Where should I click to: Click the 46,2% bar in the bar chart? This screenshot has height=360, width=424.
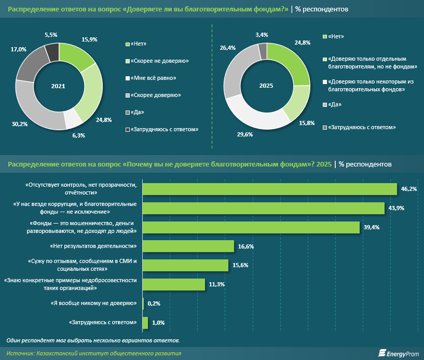pyautogui.click(x=269, y=189)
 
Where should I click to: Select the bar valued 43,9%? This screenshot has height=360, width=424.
pyautogui.click(x=264, y=208)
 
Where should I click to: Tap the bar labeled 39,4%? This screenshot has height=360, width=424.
pyautogui.click(x=251, y=227)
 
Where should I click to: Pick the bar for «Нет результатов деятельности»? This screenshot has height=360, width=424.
pyautogui.click(x=188, y=246)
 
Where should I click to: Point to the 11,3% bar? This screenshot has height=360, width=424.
pyautogui.click(x=173, y=284)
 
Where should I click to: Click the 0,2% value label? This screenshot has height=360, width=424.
pyautogui.click(x=154, y=303)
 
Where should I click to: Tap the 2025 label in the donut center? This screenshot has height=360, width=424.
pyautogui.click(x=266, y=86)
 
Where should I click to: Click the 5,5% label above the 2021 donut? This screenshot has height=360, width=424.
pyautogui.click(x=51, y=34)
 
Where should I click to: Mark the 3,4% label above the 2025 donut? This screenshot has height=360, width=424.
pyautogui.click(x=262, y=35)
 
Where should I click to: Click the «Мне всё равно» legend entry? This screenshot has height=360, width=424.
pyautogui.click(x=153, y=78)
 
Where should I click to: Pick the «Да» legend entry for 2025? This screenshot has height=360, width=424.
pyautogui.click(x=333, y=104)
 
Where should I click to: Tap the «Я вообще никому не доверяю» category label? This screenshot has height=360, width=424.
pyautogui.click(x=94, y=303)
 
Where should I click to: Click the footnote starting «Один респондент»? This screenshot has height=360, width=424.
pyautogui.click(x=93, y=340)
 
